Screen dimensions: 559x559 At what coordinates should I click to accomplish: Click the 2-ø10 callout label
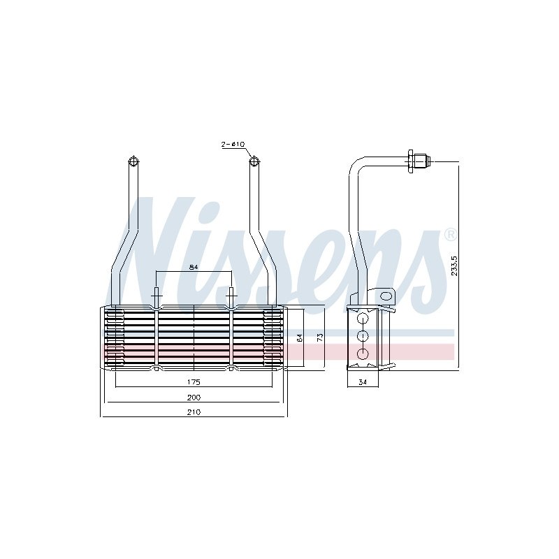[233, 145]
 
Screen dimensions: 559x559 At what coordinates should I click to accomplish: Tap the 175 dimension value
[194, 382]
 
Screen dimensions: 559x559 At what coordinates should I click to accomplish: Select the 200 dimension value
[194, 397]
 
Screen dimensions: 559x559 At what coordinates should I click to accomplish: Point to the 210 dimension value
[194, 412]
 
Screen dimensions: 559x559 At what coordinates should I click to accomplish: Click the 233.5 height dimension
[455, 266]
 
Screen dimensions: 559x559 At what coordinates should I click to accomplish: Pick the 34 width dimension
[363, 382]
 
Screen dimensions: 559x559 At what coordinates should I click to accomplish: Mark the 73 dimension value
[320, 337]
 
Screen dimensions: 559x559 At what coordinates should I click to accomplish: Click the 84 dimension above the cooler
[194, 267]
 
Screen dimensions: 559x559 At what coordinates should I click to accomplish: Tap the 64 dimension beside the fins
[300, 338]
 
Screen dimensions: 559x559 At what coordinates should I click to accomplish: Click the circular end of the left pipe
[133, 161]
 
